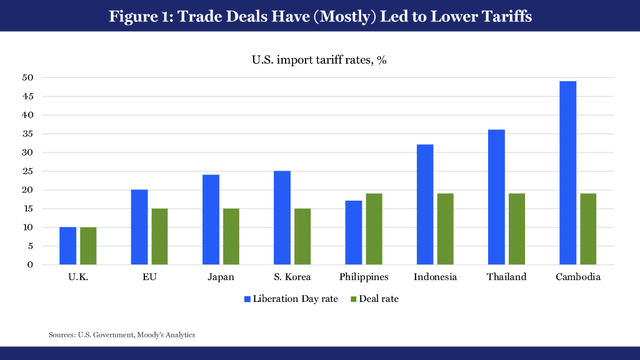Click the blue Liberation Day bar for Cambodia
click(567, 172)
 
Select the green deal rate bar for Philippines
click(374, 229)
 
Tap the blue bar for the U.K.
click(67, 246)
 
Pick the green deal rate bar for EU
click(159, 236)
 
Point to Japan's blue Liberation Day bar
click(211, 219)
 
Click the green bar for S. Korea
click(302, 236)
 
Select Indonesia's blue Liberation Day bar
click(425, 204)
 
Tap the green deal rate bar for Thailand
click(516, 229)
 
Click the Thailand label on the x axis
click(507, 277)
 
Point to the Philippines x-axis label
click(364, 277)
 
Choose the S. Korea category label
click(293, 277)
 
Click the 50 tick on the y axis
click(28, 77)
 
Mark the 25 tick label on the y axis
click(28, 171)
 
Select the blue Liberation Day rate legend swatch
click(247, 299)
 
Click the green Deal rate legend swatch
click(352, 299)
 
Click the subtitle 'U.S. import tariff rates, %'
click(320, 61)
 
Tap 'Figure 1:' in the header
click(141, 16)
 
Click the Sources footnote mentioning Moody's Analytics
click(122, 335)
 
